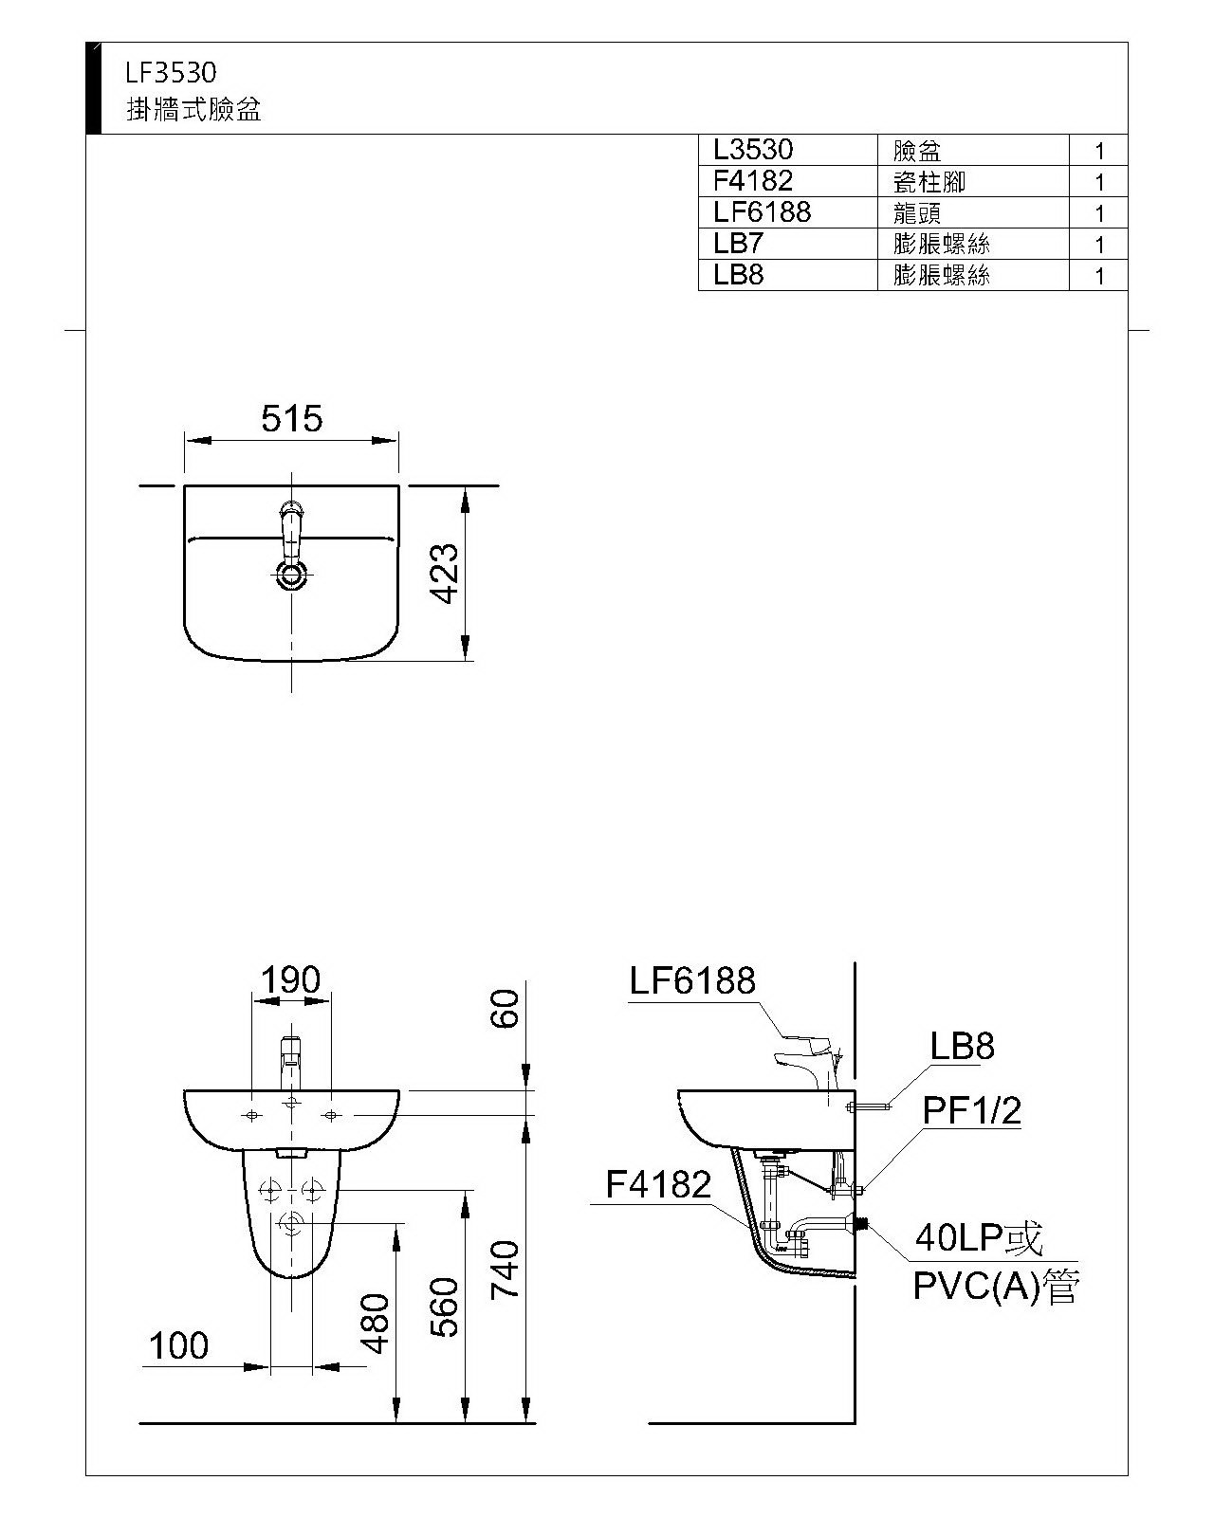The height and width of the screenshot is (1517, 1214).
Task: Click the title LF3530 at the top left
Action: point(171,72)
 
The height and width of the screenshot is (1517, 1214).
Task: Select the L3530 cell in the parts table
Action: point(753,150)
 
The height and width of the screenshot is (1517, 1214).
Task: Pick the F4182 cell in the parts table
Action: point(753,180)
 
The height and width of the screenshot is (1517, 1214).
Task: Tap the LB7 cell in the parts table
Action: point(738,244)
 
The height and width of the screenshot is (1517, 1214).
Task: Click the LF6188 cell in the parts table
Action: point(762,211)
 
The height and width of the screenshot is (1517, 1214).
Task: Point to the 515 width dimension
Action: point(291,418)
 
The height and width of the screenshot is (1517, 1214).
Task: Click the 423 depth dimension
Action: point(445,573)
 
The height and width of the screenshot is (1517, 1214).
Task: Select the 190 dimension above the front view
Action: point(290,979)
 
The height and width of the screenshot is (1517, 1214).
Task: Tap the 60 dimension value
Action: point(506,1009)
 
